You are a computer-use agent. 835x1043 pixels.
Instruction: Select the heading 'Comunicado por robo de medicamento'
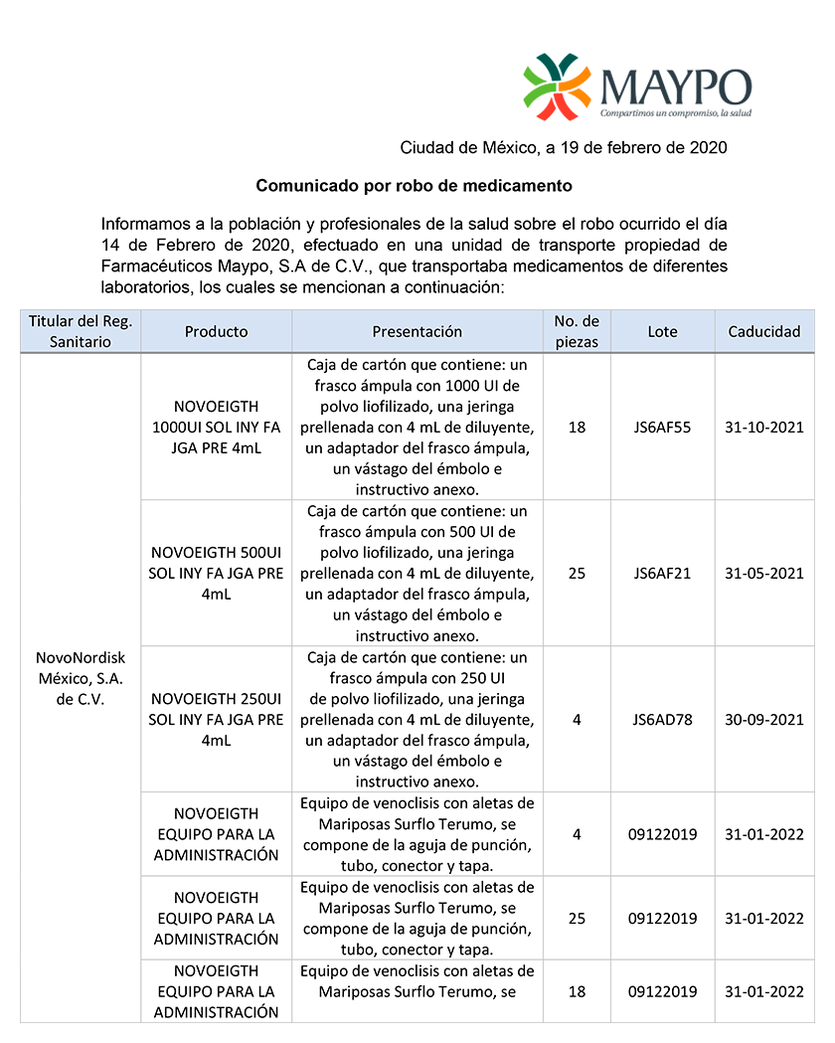click(415, 186)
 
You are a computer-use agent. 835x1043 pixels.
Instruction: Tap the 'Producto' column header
click(216, 331)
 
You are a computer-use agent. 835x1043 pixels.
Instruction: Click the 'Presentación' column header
click(417, 331)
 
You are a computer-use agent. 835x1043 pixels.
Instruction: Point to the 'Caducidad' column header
click(763, 331)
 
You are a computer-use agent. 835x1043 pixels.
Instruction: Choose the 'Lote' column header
click(662, 331)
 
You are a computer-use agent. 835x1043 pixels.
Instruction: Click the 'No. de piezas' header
click(577, 331)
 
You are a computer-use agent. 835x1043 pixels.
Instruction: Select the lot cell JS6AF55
click(662, 428)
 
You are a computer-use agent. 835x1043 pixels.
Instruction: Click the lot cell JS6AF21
click(662, 574)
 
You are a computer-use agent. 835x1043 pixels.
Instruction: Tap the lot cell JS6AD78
click(662, 719)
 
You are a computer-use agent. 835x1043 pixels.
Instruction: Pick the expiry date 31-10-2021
click(763, 428)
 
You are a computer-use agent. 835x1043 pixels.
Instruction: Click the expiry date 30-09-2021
click(763, 719)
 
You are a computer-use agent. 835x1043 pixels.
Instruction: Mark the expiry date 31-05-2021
click(763, 574)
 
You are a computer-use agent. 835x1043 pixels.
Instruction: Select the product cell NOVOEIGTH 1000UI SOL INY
click(216, 428)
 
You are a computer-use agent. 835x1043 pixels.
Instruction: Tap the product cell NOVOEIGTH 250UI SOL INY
click(216, 719)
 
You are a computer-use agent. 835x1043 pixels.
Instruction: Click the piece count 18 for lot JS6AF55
click(577, 428)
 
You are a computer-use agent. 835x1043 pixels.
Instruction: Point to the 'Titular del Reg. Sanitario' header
click(81, 331)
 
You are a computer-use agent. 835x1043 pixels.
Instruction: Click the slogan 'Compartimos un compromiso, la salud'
click(676, 113)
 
